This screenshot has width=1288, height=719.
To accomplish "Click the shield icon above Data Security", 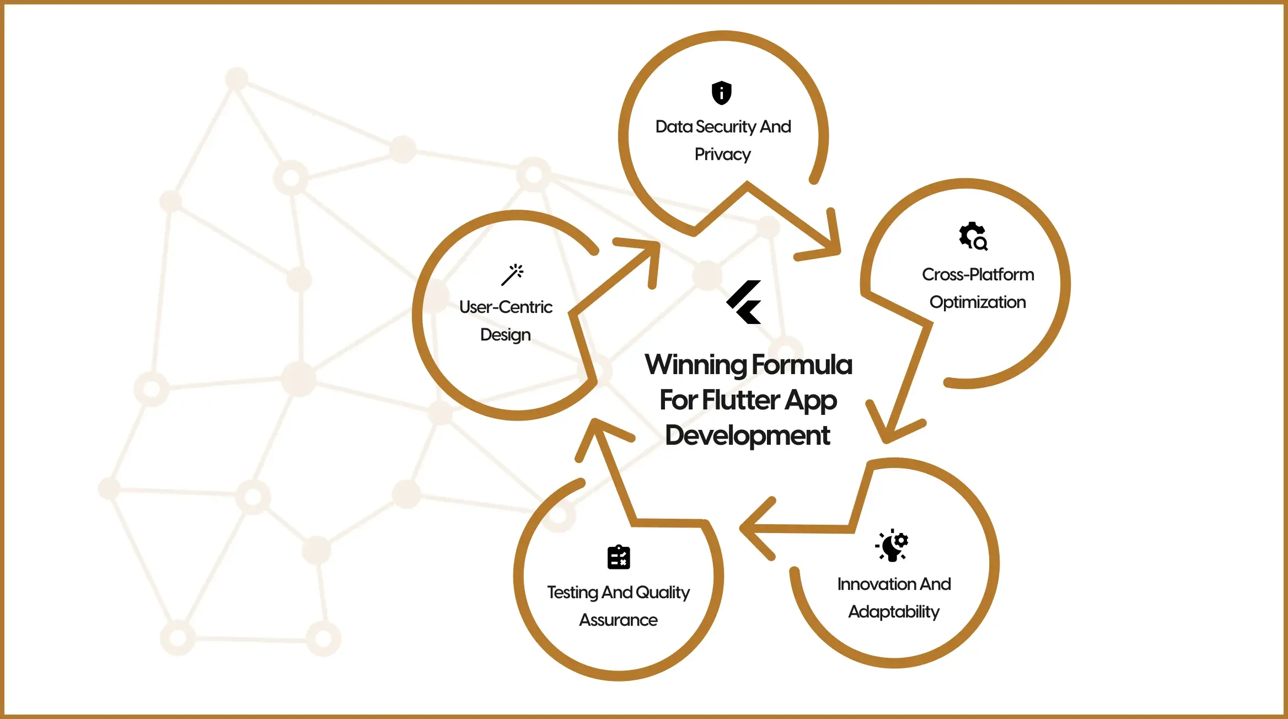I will click(721, 93).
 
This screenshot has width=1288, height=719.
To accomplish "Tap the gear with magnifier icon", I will click(973, 236).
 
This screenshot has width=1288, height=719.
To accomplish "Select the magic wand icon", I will click(512, 274).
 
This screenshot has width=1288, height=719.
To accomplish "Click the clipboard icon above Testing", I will click(619, 557).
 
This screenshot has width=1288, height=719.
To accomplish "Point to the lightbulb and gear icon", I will click(893, 545).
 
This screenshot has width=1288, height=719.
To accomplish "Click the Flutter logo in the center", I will click(744, 302).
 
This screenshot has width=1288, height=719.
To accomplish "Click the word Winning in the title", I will click(695, 365).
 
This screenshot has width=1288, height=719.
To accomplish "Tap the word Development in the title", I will click(747, 435).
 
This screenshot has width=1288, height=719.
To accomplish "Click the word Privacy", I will click(722, 155).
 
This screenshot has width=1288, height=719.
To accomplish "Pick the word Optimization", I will click(978, 302).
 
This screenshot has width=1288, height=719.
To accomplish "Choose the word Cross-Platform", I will click(978, 274).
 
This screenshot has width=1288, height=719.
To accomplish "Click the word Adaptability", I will click(894, 612).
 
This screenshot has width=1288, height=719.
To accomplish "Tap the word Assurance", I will click(618, 620).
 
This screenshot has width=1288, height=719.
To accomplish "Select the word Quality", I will click(662, 593).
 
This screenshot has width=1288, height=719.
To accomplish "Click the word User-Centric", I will click(506, 307).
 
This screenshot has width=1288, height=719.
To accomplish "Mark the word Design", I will click(505, 335).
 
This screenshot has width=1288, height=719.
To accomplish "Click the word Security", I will click(726, 127).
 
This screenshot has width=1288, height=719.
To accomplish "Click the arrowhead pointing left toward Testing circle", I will click(753, 528).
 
